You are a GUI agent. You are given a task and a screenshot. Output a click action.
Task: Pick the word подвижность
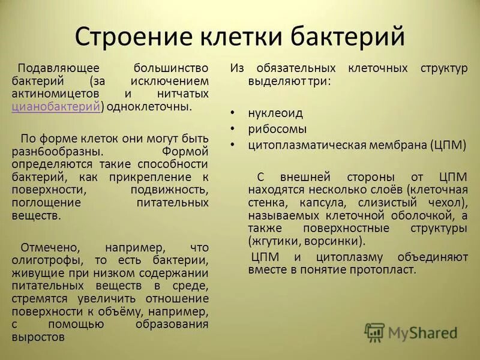(169, 190)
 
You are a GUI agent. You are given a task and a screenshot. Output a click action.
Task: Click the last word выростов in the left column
(37, 337)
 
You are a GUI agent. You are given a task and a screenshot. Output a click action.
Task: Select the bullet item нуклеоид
(275, 113)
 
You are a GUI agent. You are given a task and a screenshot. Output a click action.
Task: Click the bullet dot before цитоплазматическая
(233, 145)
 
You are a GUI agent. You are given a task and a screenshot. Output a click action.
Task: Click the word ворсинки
(332, 241)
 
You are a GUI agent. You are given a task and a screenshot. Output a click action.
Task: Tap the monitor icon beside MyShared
(374, 332)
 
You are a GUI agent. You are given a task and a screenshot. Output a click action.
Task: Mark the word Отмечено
(46, 247)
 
